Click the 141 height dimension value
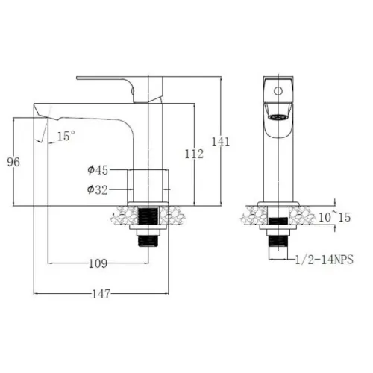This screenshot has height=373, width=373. point(221,141)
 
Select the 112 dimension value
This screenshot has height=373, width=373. point(192,154)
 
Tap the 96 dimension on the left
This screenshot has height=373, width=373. point(12,161)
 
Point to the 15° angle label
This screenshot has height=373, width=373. point(66,136)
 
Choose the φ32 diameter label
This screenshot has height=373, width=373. point(98,190)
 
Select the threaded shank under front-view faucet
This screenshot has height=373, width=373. point(278,240)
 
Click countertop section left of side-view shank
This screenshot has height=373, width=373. point(123,217)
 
